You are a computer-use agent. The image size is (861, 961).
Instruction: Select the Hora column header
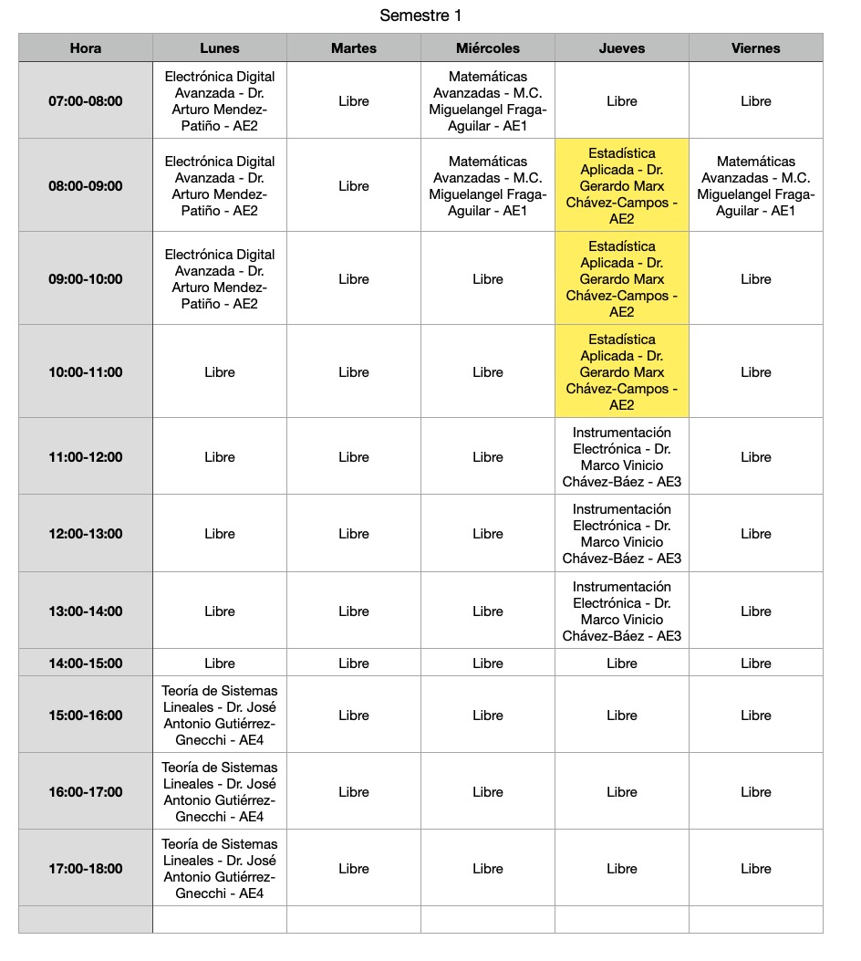tap(86, 48)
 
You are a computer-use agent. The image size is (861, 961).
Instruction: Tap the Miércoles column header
tap(488, 48)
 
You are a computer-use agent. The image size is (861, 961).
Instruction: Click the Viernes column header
tap(756, 48)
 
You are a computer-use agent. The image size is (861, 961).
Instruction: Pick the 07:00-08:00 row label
tap(86, 101)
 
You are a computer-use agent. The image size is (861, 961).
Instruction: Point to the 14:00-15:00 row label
tap(86, 663)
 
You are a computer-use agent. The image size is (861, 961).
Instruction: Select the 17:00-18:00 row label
tap(86, 869)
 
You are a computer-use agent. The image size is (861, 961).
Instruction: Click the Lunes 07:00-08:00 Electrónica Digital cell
tap(220, 101)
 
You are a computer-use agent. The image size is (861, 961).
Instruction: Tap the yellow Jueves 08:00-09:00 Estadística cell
tap(622, 186)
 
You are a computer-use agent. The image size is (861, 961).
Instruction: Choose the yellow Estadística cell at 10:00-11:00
tap(622, 372)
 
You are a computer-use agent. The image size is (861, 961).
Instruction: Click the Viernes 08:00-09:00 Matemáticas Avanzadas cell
tap(756, 186)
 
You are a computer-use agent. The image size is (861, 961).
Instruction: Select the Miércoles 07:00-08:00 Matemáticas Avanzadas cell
tap(488, 101)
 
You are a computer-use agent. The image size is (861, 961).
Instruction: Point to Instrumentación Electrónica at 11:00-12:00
tap(622, 457)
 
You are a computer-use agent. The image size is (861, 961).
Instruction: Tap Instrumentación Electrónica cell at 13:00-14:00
tap(622, 611)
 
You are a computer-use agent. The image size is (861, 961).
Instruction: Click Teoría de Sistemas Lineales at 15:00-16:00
tap(220, 716)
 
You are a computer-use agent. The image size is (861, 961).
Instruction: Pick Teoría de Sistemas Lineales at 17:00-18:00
tap(220, 869)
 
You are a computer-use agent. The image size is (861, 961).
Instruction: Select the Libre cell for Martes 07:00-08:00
tap(354, 101)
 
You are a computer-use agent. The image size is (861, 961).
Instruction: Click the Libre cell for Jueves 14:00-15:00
tap(622, 663)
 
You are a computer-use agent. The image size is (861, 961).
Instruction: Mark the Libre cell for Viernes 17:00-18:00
tap(756, 869)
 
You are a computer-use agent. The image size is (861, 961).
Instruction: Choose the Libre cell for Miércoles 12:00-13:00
tap(488, 534)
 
